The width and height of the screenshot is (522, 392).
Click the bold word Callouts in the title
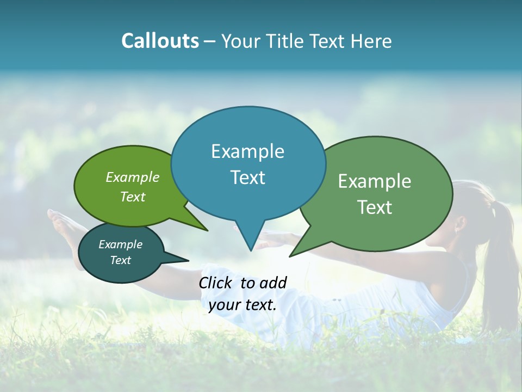[x=160, y=41]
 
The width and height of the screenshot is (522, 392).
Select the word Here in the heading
[x=371, y=41]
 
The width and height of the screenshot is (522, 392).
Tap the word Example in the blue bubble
[x=247, y=151]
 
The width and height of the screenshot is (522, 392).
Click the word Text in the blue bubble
[x=247, y=177]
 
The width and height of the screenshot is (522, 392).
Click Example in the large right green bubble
[x=375, y=181]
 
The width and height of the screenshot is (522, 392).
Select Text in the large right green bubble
[x=375, y=207]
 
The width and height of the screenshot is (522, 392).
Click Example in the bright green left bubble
[x=132, y=177]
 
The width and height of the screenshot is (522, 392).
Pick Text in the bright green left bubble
[x=132, y=197]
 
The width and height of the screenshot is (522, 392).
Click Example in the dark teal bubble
[x=120, y=244]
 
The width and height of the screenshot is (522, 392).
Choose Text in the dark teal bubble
[x=120, y=260]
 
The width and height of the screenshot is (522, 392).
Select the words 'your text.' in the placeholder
[x=242, y=305]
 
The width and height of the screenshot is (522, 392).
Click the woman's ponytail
[x=499, y=256]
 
